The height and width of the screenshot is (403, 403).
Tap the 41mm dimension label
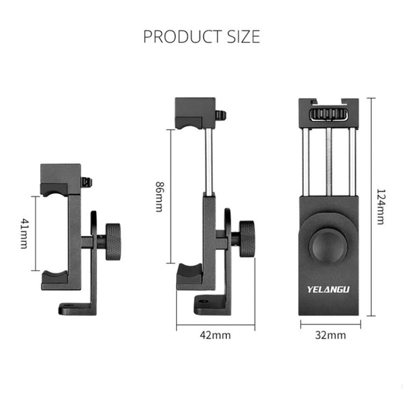point(25,233)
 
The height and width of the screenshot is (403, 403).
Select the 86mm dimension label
point(159,196)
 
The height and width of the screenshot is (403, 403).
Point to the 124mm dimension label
point(381,206)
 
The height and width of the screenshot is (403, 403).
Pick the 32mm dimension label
point(330,334)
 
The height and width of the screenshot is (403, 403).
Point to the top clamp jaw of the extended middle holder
point(195,112)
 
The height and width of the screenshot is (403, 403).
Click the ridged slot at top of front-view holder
point(328,114)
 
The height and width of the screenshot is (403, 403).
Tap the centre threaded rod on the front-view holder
point(329,161)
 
